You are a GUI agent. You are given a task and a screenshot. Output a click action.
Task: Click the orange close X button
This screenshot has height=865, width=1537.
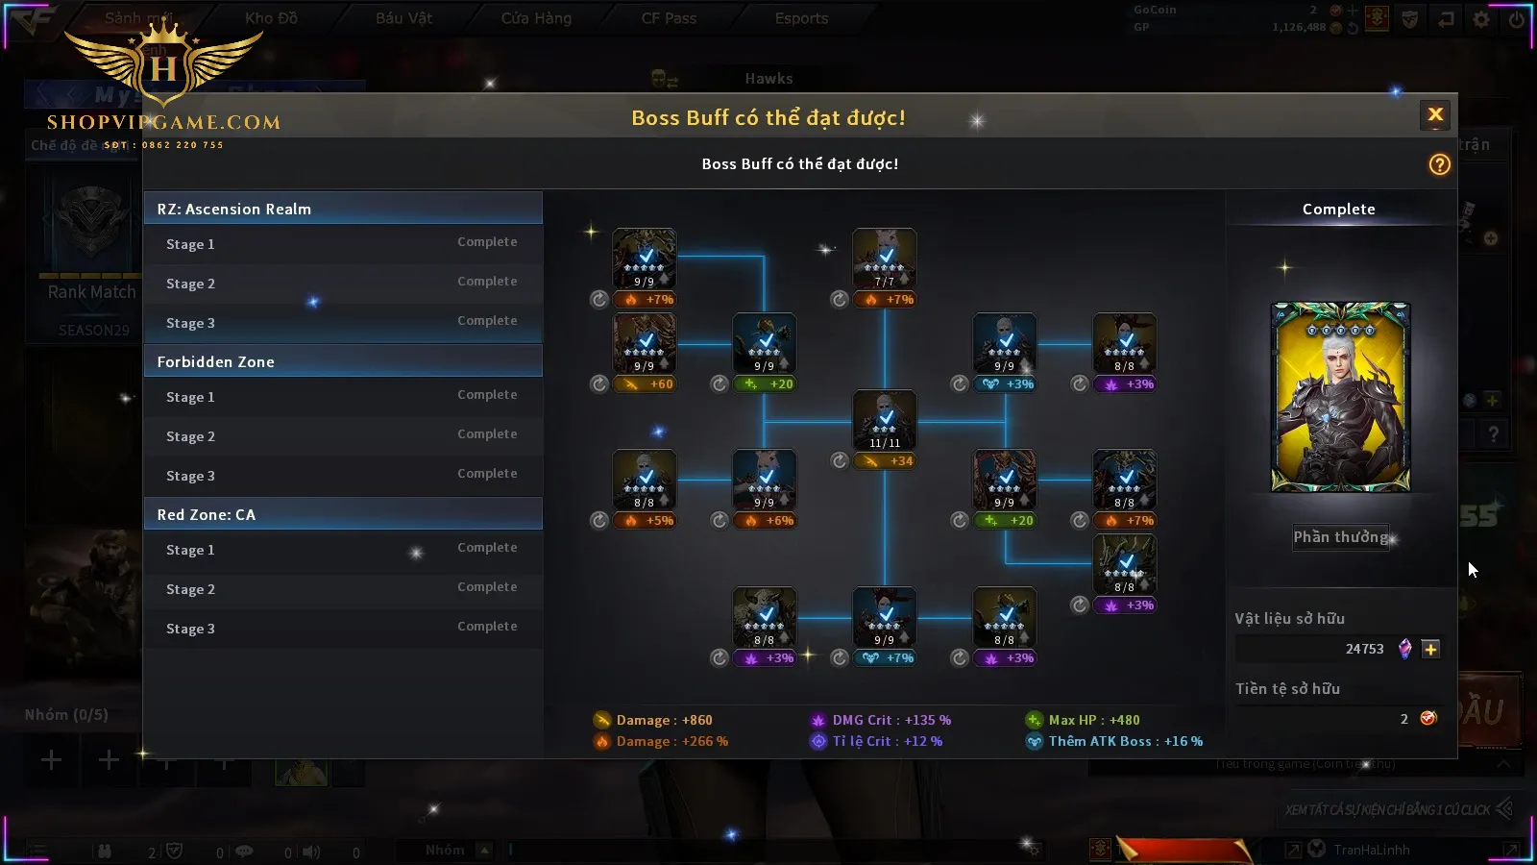tap(1435, 115)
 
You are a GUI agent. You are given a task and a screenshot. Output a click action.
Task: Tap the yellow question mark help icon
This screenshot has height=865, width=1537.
tap(1439, 164)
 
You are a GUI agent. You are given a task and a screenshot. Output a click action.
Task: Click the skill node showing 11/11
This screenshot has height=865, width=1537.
tap(885, 420)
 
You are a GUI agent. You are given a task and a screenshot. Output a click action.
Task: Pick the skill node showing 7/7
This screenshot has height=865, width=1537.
tap(885, 259)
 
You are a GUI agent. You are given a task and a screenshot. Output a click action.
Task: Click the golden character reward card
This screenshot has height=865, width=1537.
tap(1340, 397)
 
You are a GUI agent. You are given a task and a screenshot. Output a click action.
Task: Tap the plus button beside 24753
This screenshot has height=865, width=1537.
tap(1430, 650)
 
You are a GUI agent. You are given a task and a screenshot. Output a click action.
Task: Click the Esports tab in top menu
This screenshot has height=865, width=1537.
tap(801, 18)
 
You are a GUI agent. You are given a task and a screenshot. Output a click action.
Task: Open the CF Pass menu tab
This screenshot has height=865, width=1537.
tap(669, 18)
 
